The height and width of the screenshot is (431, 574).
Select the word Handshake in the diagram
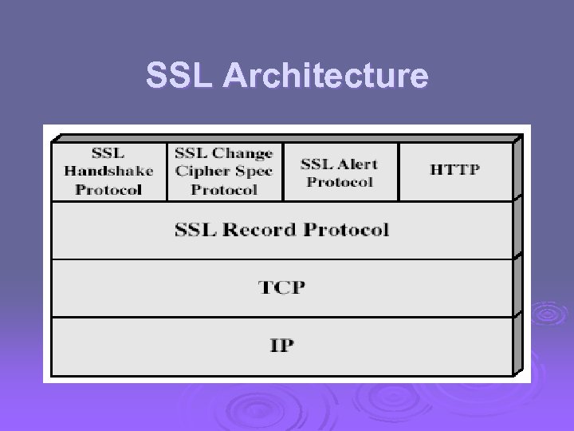(x=108, y=171)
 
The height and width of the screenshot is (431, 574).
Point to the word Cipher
(x=200, y=171)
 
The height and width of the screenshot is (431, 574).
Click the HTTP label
(x=456, y=169)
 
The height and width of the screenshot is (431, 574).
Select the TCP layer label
(x=281, y=287)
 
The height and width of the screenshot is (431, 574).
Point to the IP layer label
(x=281, y=346)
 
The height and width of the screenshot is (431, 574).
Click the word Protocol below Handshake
(x=108, y=189)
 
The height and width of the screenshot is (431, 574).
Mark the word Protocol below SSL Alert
(x=340, y=181)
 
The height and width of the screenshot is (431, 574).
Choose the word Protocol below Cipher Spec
(x=224, y=189)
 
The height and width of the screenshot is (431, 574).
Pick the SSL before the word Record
(x=191, y=230)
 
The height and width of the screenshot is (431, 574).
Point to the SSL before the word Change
(x=191, y=153)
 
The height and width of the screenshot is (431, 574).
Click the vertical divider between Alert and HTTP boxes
(x=399, y=172)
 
